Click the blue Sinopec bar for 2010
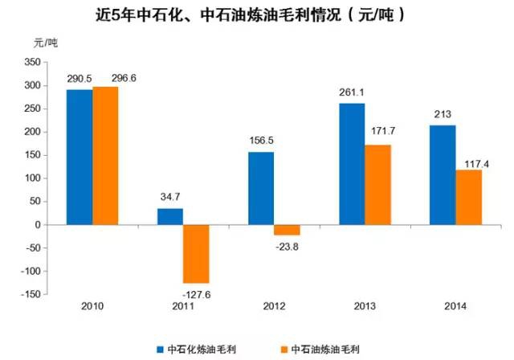click(79, 157)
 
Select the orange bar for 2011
click(196, 254)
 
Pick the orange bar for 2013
click(377, 185)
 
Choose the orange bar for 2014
click(468, 197)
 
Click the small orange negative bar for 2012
click(287, 230)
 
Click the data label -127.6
click(196, 292)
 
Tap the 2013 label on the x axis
click(365, 306)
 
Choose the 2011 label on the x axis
click(183, 306)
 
